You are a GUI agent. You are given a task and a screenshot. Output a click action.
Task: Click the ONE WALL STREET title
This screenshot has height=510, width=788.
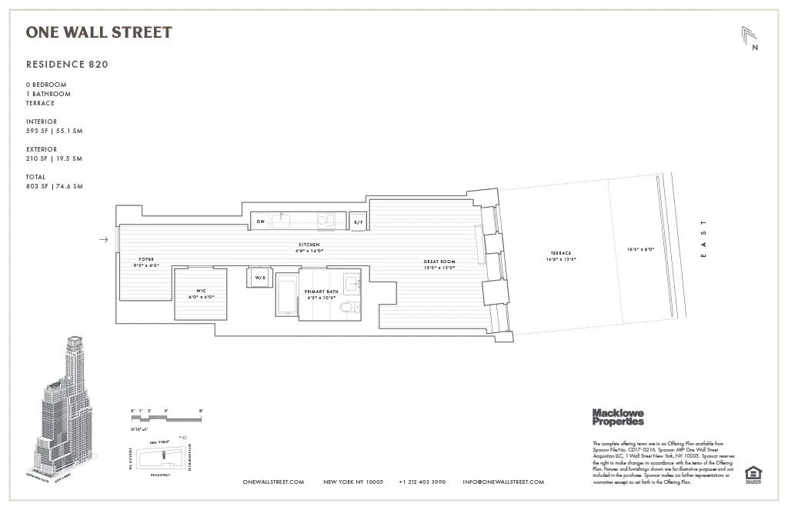tap(98, 32)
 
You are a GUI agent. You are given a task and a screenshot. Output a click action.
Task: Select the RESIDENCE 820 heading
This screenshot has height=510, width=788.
tap(67, 65)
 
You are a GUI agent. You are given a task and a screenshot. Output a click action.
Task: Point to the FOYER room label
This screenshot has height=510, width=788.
tap(147, 259)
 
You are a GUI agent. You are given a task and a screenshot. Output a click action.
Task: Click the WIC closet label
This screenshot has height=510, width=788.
tap(200, 291)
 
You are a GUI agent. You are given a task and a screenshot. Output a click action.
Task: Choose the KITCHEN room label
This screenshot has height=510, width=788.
tap(309, 245)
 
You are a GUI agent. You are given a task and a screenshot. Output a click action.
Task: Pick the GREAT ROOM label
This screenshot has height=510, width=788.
tap(439, 262)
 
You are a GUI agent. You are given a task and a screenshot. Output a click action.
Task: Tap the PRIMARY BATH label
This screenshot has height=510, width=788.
tap(321, 292)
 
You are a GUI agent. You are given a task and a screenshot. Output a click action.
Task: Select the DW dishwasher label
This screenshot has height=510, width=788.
tap(262, 220)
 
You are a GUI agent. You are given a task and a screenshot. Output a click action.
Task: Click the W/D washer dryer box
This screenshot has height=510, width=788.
tap(259, 277)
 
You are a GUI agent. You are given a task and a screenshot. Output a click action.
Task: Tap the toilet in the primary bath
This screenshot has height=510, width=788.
tap(349, 308)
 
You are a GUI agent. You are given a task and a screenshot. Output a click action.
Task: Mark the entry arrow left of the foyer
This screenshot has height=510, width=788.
tap(104, 240)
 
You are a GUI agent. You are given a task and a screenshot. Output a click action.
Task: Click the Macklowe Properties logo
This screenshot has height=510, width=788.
tap(617, 417)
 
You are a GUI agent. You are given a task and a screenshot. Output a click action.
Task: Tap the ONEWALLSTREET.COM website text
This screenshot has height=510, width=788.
tap(273, 482)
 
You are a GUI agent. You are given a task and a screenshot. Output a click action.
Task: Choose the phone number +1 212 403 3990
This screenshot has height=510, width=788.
tap(422, 482)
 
